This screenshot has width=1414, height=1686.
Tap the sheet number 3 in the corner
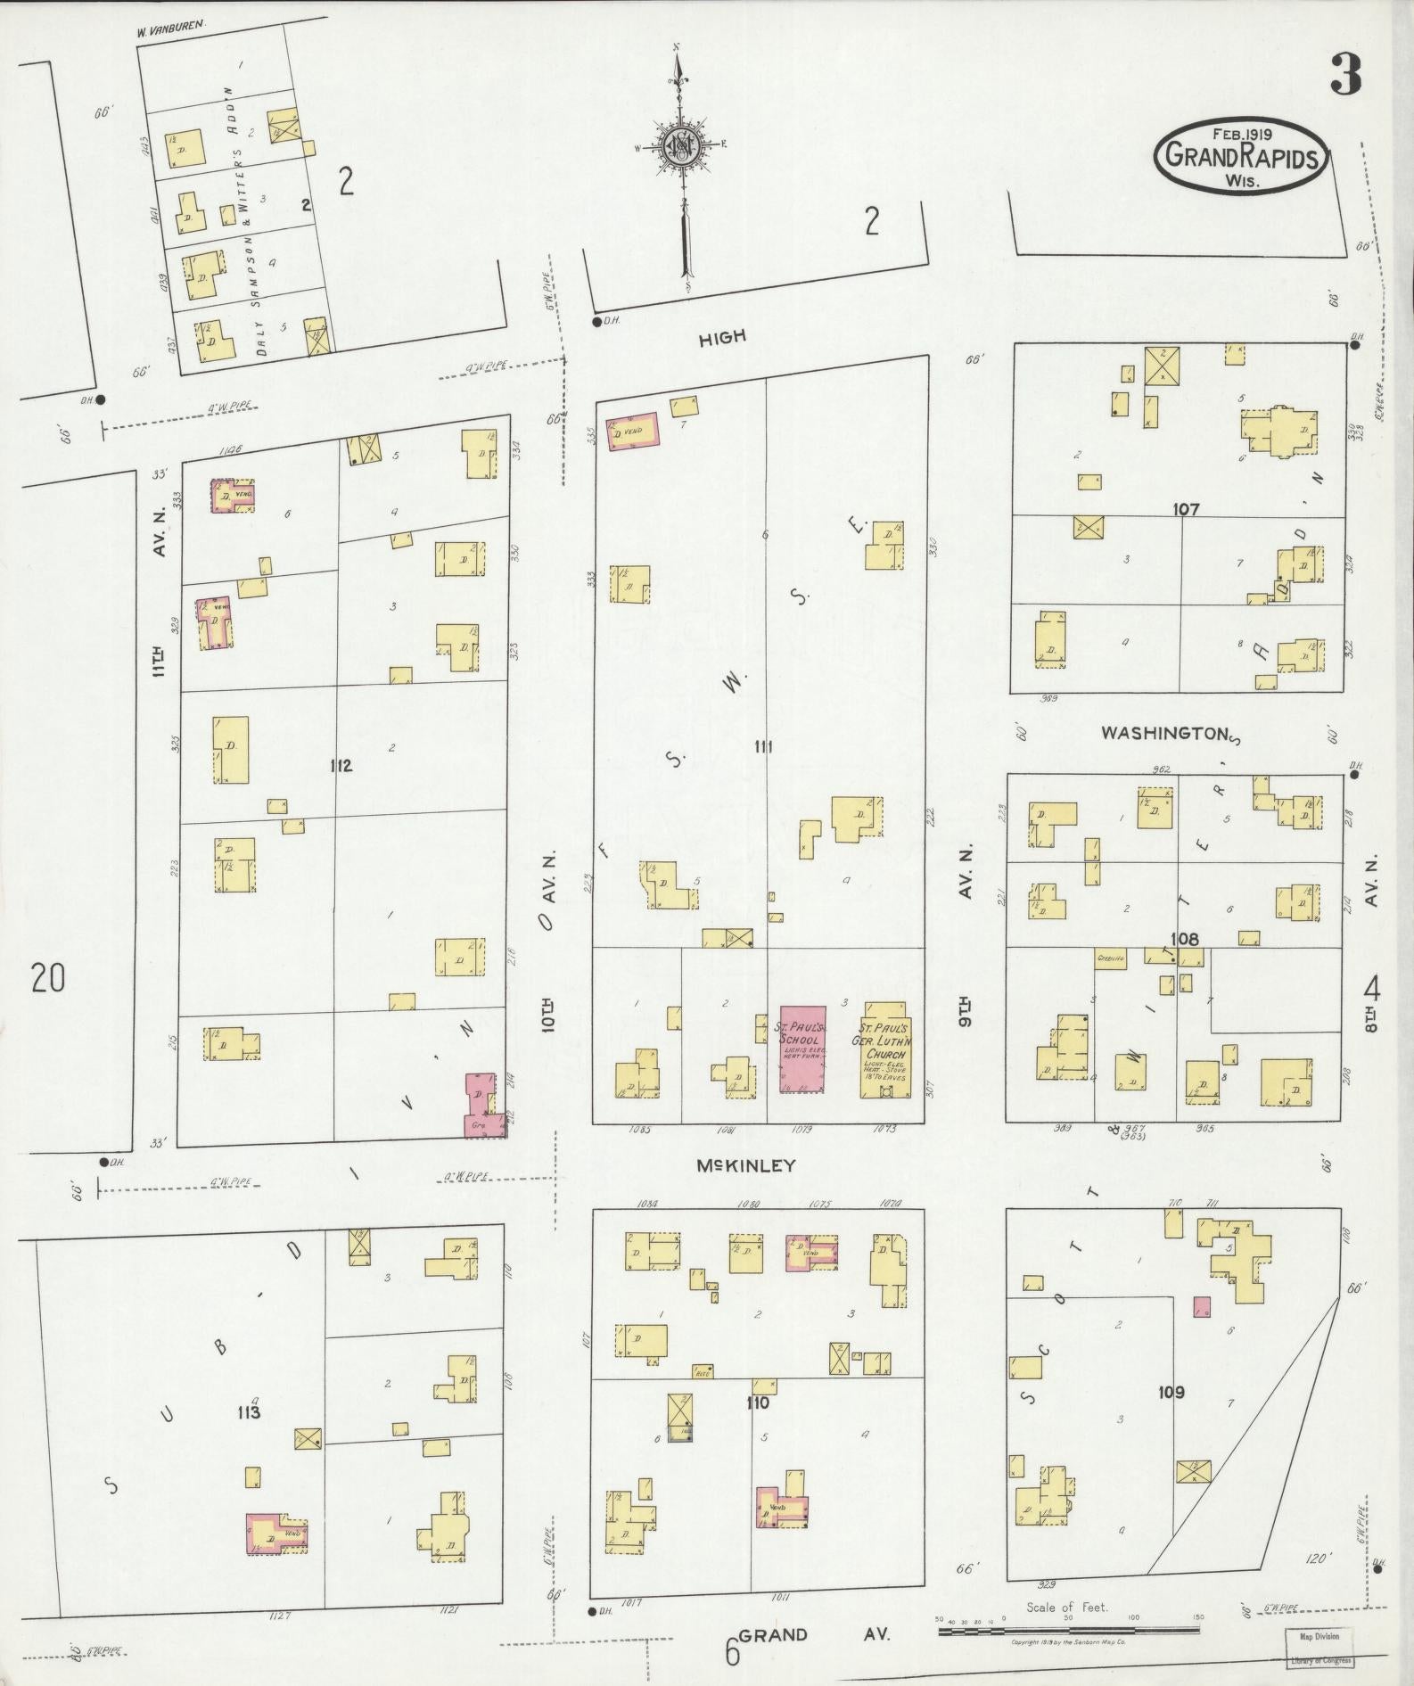[x=1345, y=74]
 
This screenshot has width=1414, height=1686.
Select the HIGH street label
[x=721, y=337]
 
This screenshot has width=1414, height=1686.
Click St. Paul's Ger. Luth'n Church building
[x=884, y=1050]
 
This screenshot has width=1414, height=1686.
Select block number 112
[x=340, y=766]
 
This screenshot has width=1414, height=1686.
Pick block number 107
[x=1186, y=510]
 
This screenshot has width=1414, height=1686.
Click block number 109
[x=1171, y=1392]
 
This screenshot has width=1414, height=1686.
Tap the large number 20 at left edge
[x=47, y=980]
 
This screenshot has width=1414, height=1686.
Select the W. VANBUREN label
[x=171, y=29]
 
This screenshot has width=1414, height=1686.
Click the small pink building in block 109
[x=1202, y=1307]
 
